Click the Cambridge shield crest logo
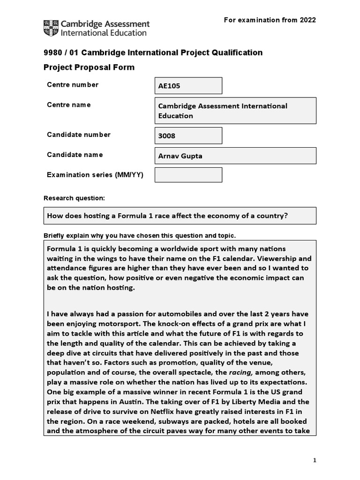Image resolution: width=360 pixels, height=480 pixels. click(52, 28)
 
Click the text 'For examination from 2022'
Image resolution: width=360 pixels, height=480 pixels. click(270, 20)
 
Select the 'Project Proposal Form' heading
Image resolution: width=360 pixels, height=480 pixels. click(89, 67)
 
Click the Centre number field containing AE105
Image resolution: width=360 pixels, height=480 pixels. click(188, 86)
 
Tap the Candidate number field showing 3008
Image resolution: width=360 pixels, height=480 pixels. click(188, 135)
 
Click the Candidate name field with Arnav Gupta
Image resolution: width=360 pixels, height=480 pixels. click(235, 156)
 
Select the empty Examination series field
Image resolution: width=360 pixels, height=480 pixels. click(188, 175)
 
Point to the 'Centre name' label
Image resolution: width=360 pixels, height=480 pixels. click(69, 105)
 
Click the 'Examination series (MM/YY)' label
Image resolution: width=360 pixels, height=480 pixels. click(95, 175)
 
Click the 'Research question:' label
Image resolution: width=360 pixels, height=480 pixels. click(74, 198)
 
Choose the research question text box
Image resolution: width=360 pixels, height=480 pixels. click(180, 216)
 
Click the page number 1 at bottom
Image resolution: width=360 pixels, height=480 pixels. click(315, 460)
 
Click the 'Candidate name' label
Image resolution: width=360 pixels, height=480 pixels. click(75, 155)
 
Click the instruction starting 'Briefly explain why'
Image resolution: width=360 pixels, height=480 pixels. click(140, 235)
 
